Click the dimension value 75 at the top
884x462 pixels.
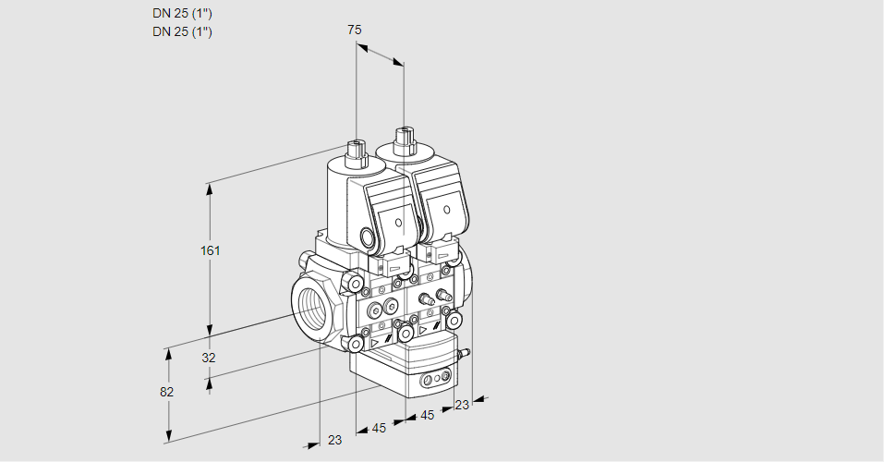(x=354, y=30)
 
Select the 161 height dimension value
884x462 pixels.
(x=212, y=251)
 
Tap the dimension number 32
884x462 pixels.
(x=209, y=358)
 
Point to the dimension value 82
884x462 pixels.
(x=166, y=392)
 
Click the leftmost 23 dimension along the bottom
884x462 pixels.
(x=334, y=440)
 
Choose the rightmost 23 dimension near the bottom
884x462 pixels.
(x=462, y=405)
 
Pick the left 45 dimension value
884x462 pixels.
(x=379, y=428)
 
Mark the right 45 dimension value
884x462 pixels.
(x=427, y=416)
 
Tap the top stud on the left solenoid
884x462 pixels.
(x=356, y=149)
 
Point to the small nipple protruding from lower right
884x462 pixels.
(x=466, y=352)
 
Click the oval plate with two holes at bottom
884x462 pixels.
(x=434, y=379)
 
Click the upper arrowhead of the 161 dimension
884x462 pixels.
(x=210, y=188)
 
